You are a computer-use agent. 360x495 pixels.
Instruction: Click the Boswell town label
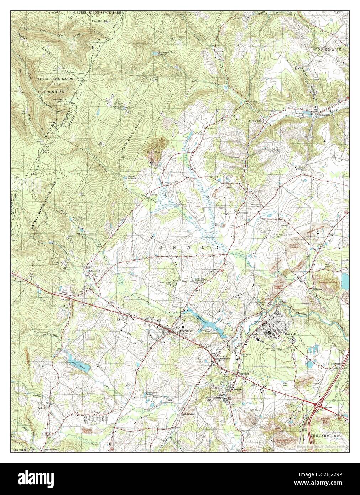[x=291, y=334]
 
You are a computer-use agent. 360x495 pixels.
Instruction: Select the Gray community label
[x=96, y=413]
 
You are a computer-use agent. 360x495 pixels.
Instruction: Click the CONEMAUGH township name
[x=329, y=49]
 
